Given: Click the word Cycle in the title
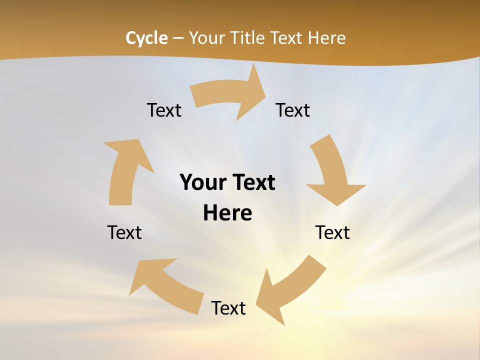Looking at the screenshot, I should [x=146, y=38].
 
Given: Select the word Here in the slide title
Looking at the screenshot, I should [x=326, y=38].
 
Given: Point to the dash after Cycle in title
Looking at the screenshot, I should [x=178, y=38].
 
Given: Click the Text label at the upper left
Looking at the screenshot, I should [x=164, y=110].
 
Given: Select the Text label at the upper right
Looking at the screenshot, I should [x=293, y=110].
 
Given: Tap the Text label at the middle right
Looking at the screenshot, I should [x=332, y=232].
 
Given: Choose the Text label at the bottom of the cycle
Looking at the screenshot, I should [x=228, y=308].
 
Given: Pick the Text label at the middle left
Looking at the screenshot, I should [x=124, y=232].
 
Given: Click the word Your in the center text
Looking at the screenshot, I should [x=202, y=182].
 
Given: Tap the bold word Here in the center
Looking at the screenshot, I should [x=227, y=213].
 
